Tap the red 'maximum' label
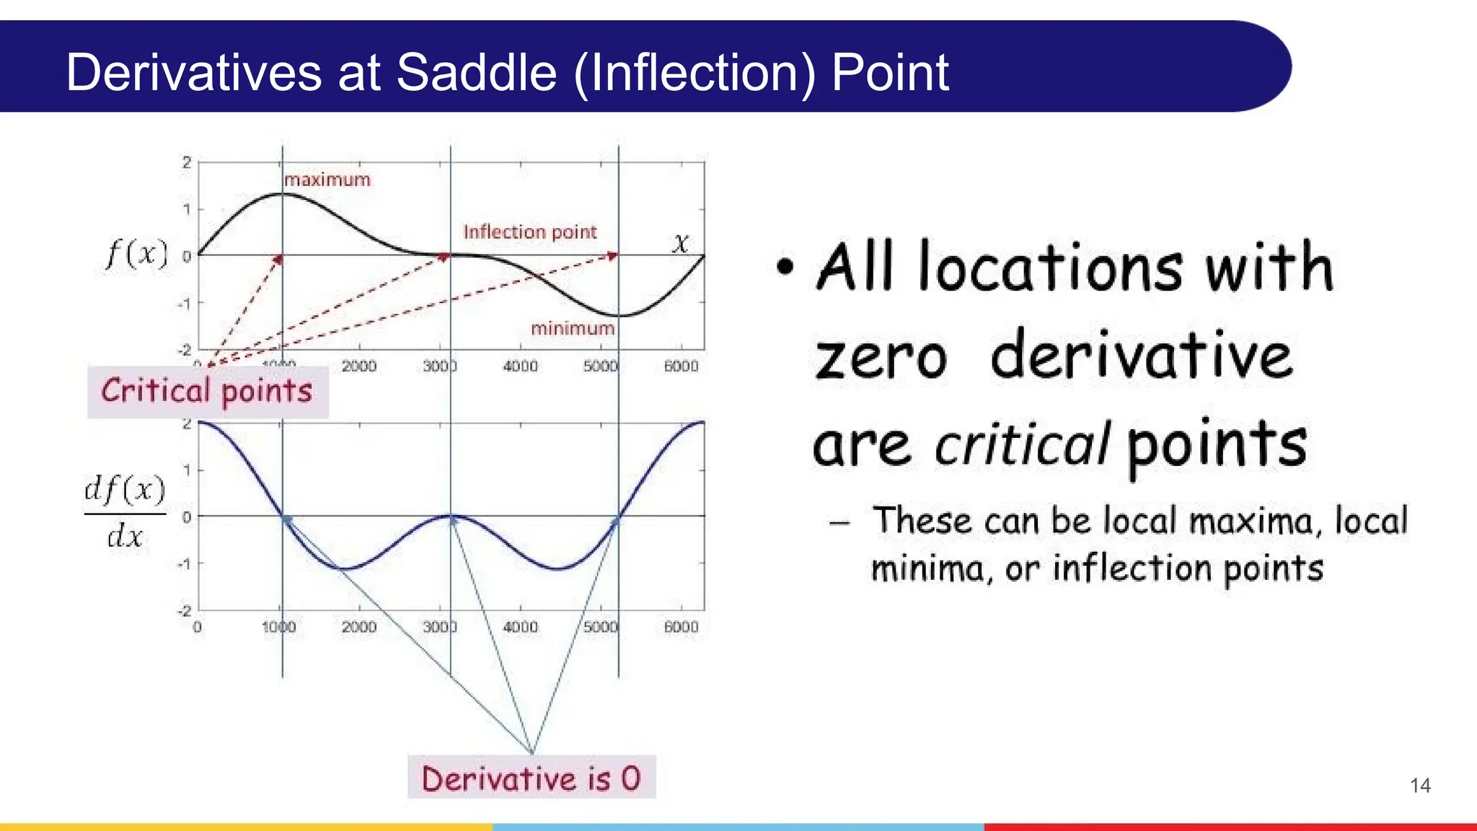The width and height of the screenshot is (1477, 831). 327,180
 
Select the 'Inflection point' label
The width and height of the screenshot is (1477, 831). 529,232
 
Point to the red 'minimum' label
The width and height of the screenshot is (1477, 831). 573,329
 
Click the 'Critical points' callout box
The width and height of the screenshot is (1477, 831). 207,391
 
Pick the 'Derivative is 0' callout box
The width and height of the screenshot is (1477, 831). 531,778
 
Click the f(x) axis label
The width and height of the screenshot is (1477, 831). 137,254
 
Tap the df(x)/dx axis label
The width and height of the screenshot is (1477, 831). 125,511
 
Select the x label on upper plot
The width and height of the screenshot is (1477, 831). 680,242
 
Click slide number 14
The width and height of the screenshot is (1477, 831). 1420,786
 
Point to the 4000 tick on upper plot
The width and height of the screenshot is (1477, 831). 520,366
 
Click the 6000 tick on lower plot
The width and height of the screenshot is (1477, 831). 681,628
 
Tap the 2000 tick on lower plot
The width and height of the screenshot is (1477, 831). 358,628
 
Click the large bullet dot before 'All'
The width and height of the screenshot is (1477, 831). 785,267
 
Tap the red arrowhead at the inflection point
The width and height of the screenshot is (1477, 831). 444,256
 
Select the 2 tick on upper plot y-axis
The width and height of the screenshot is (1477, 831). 187,162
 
